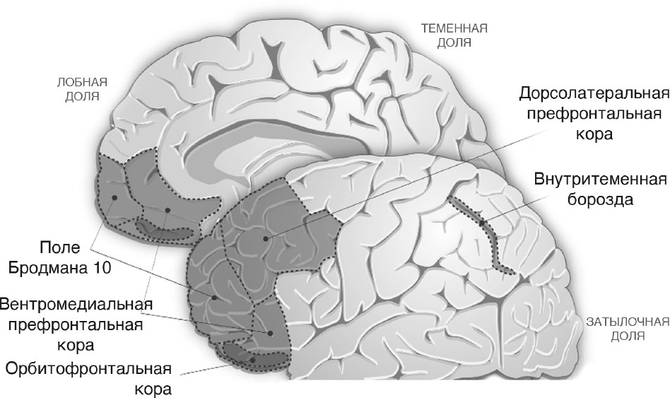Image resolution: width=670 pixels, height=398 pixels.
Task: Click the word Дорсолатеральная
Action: point(594,93)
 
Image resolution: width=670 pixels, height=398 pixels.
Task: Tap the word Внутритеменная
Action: point(600,179)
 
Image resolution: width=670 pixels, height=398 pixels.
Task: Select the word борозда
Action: point(600,199)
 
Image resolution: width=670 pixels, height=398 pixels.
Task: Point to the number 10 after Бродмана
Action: point(101,268)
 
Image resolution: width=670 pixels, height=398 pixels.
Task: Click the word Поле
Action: point(60,247)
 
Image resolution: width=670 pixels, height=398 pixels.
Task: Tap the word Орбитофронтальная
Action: point(88,368)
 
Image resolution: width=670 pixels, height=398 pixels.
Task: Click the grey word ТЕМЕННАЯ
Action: point(454,29)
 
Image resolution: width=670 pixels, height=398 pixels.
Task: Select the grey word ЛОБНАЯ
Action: point(82,82)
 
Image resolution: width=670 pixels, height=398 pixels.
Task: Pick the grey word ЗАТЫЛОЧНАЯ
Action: point(628,322)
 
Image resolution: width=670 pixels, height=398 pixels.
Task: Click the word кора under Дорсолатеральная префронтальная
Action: point(594,134)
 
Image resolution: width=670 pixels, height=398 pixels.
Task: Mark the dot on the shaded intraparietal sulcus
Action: point(481,223)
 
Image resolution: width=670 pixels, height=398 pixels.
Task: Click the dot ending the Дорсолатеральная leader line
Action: point(266,238)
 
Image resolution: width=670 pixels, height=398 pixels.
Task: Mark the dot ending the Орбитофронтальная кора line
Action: point(252,360)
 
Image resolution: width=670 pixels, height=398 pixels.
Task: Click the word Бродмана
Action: point(48,268)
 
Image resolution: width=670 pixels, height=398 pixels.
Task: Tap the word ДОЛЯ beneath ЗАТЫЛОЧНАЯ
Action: point(628,336)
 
